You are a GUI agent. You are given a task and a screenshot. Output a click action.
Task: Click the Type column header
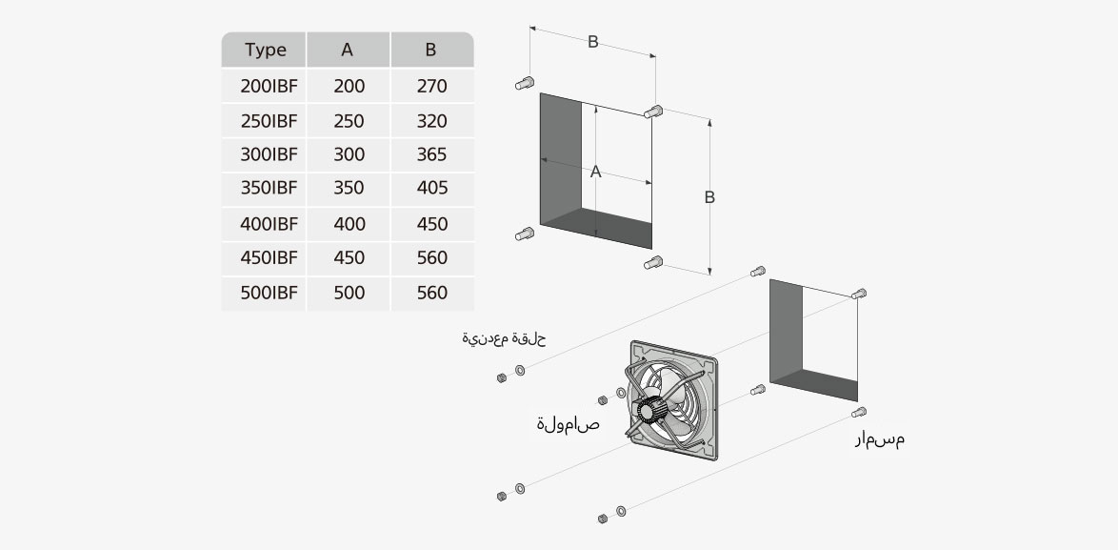pos(265,51)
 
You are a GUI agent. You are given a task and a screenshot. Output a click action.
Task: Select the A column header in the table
pos(348,51)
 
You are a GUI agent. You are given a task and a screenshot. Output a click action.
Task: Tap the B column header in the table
pos(431,51)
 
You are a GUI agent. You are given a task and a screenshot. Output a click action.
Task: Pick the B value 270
pos(431,87)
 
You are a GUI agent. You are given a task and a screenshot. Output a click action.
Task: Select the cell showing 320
pos(431,122)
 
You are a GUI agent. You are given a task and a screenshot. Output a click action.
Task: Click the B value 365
pos(431,154)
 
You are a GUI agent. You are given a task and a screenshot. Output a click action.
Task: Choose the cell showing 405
pos(431,189)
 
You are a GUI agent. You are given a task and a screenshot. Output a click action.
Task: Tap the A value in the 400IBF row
pos(349,224)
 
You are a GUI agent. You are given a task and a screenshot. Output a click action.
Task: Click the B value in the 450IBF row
pos(431,258)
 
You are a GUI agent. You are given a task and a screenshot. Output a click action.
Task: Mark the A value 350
pos(349,189)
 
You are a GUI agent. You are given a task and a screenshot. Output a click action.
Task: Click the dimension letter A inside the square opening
pos(596,172)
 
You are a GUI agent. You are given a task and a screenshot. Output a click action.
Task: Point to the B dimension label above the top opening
pos(592,42)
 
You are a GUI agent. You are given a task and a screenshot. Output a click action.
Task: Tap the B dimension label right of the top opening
pos(709,197)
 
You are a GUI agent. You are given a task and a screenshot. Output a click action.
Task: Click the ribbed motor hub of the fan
pos(650,412)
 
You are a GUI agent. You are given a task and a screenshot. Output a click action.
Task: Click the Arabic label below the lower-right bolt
pos(879,439)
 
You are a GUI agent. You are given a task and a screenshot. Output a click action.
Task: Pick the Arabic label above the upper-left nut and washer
pos(504,339)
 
